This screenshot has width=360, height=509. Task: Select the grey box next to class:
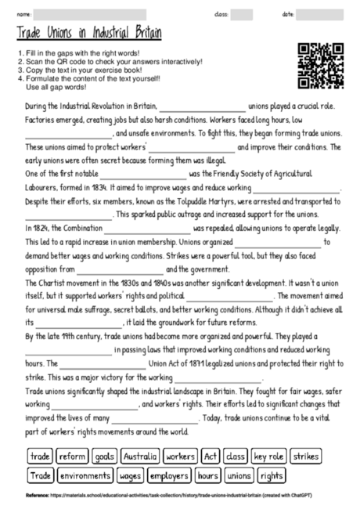(242, 15)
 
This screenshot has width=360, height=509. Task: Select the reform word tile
(71, 456)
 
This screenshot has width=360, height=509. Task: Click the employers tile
(168, 475)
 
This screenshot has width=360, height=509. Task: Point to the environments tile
(84, 475)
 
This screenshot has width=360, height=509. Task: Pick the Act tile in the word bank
(210, 456)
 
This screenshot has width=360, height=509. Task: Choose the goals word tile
(103, 456)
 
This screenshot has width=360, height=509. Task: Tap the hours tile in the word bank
(207, 475)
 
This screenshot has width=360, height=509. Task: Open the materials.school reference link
(157, 496)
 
